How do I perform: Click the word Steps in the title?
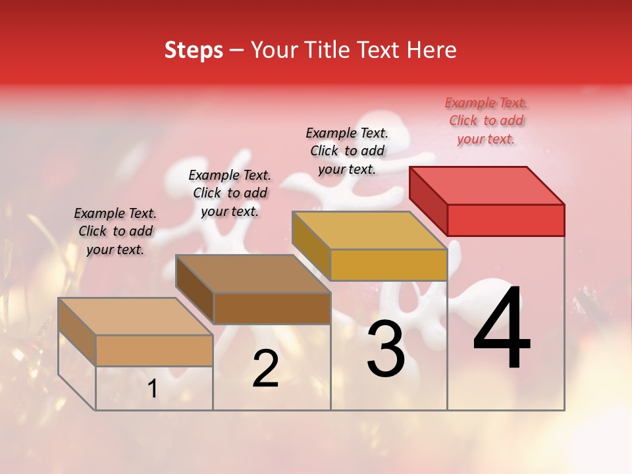(x=194, y=50)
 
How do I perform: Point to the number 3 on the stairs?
(x=385, y=350)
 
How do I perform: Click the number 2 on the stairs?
(x=265, y=369)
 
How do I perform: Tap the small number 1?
(x=152, y=389)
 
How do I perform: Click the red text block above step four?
(x=486, y=120)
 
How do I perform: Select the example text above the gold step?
(x=347, y=151)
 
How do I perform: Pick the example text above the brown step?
(x=230, y=193)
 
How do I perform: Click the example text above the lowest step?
(x=115, y=231)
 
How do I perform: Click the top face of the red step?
(x=487, y=185)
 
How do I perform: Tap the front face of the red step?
(x=506, y=220)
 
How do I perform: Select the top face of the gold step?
(x=370, y=230)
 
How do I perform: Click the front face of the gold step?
(x=388, y=265)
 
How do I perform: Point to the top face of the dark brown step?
(x=253, y=273)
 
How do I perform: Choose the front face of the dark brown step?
(x=272, y=308)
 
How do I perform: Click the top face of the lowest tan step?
(x=136, y=316)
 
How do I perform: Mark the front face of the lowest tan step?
(x=154, y=350)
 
